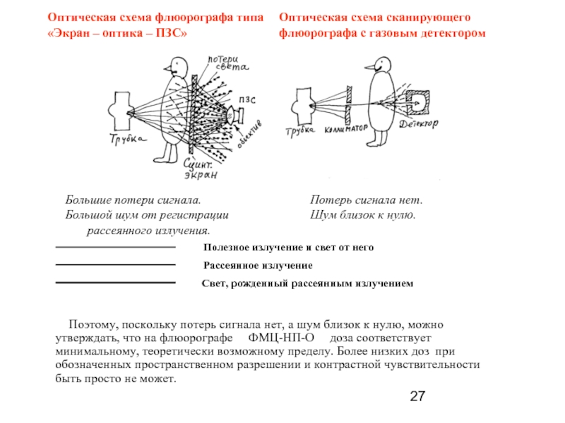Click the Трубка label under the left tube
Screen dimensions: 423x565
point(128,140)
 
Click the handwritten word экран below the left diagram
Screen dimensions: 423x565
point(202,174)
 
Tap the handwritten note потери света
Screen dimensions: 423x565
point(227,63)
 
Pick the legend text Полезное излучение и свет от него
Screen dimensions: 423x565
point(288,248)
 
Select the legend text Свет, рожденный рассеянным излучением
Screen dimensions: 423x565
point(307,283)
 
